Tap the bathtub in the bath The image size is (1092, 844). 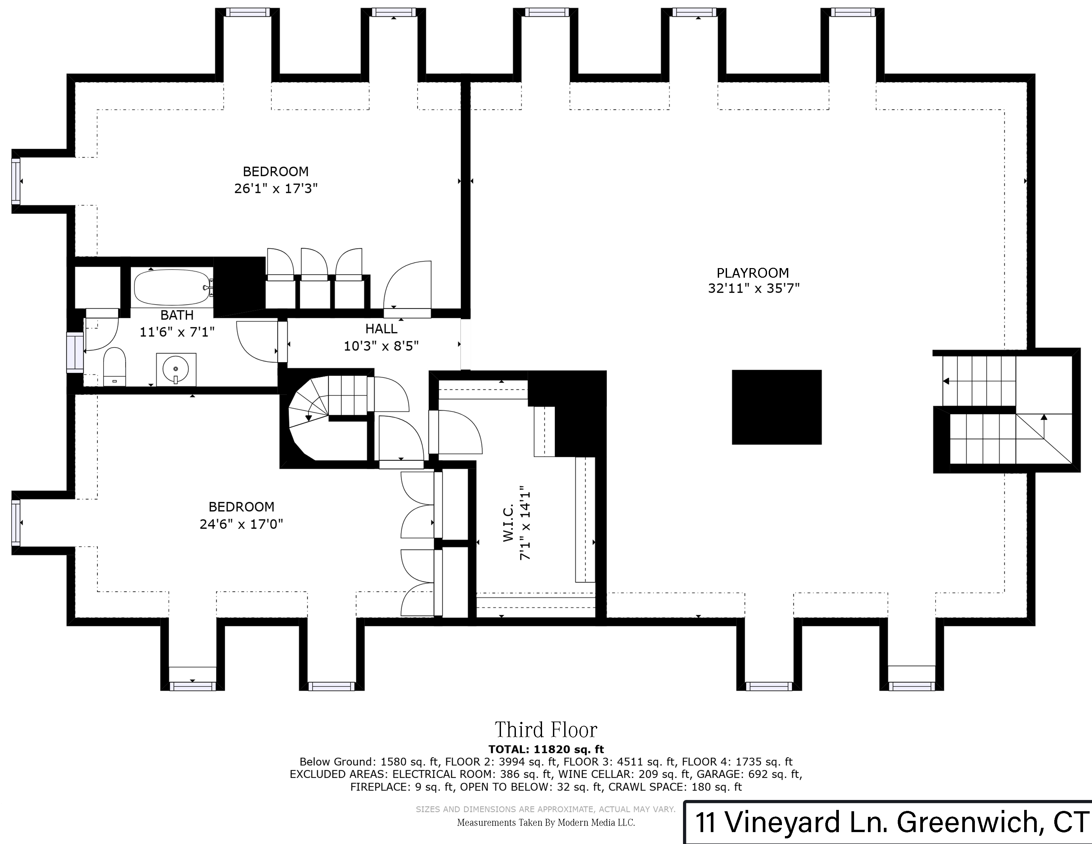click(x=172, y=288)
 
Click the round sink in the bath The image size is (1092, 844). click(x=176, y=369)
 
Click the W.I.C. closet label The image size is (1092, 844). click(x=508, y=523)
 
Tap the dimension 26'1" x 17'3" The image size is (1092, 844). click(x=276, y=189)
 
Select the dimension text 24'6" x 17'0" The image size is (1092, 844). click(x=242, y=524)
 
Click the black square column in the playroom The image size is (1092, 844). click(x=777, y=407)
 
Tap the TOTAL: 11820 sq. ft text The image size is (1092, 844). click(x=546, y=749)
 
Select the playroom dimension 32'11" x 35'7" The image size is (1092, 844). click(x=753, y=289)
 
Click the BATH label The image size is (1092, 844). click(x=177, y=315)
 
